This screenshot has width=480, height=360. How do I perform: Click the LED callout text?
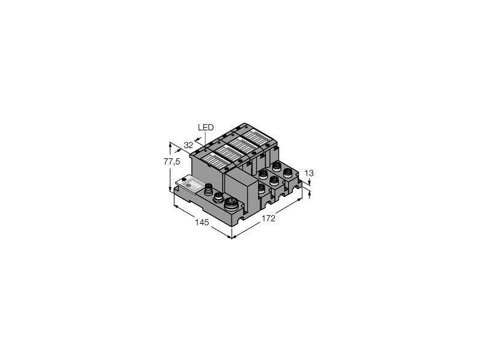205,127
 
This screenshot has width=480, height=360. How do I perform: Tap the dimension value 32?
188,145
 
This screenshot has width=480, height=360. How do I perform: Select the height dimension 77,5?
172,162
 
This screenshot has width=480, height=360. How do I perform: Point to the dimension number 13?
309,173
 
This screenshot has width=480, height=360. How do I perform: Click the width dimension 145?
202,223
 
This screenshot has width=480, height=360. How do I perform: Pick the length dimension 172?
268,218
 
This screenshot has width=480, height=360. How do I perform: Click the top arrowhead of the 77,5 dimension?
170,143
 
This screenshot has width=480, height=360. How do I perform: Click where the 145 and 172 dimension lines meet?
232,238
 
